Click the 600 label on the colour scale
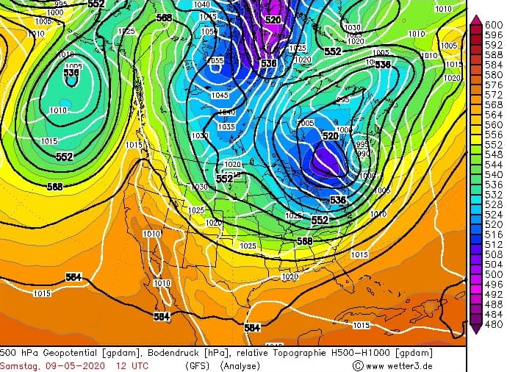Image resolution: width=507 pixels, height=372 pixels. (494, 25)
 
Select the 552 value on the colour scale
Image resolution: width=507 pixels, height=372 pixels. (494, 146)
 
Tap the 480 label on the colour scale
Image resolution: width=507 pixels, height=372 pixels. (494, 324)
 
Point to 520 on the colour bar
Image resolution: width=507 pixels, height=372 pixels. (494, 224)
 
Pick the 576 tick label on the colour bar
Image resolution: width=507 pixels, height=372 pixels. (494, 85)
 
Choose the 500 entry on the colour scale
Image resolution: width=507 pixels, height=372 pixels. (494, 274)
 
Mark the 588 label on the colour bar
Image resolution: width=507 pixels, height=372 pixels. (494, 55)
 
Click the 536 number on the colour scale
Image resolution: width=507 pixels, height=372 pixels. (494, 185)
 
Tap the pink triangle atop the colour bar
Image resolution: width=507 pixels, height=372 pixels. (476, 19)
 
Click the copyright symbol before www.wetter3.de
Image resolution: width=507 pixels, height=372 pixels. (358, 365)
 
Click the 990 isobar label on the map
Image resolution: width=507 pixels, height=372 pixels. (363, 154)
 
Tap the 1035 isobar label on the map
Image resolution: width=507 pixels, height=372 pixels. (226, 127)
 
